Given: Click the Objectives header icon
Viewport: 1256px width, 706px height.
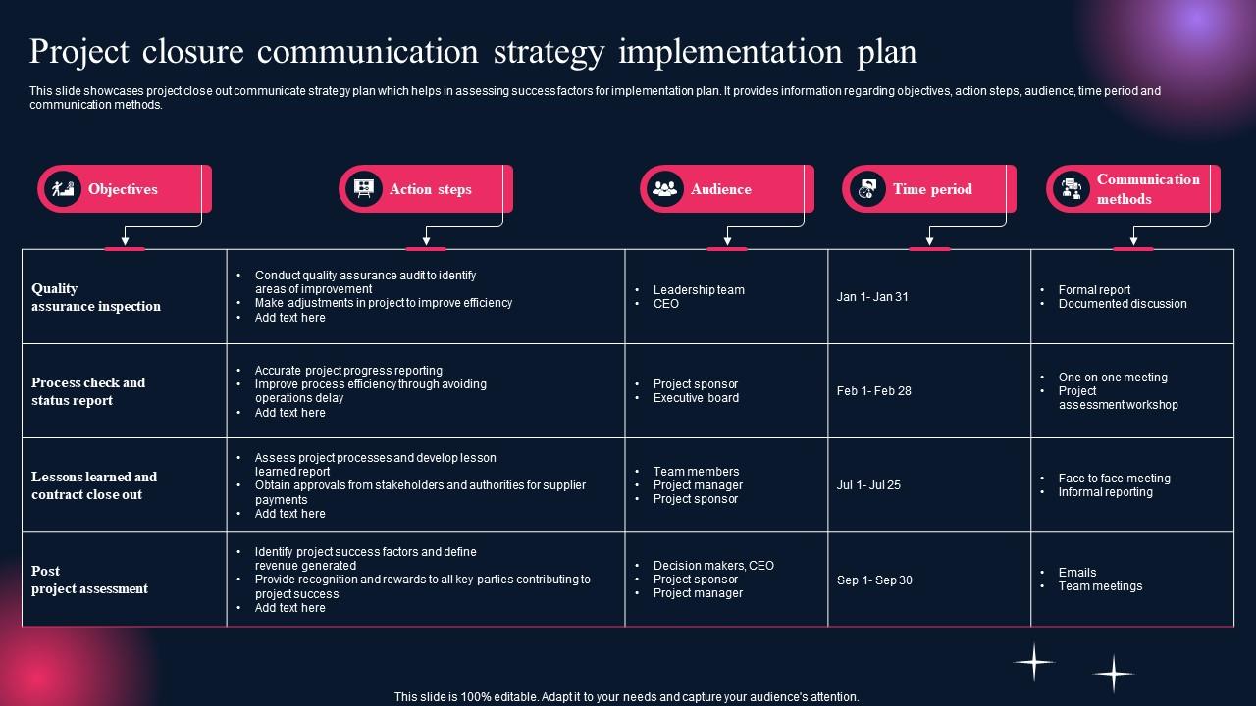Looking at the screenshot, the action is tap(63, 189).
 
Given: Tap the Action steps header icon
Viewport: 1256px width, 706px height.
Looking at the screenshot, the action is tap(364, 189).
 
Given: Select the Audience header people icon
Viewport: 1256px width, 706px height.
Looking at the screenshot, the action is tap(665, 189).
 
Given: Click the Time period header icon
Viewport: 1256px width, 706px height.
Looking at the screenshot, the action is tap(867, 189).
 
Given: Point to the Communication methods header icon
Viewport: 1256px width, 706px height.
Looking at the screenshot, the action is tap(1072, 189).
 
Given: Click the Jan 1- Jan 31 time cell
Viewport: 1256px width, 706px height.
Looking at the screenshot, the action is tap(872, 297).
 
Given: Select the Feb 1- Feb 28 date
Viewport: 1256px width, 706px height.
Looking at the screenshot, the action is tap(874, 391).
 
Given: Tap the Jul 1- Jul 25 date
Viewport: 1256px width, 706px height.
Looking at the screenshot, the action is tap(868, 485).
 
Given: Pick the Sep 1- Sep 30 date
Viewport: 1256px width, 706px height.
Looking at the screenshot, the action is tap(874, 580).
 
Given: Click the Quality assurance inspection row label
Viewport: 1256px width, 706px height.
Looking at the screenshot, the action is tap(96, 297).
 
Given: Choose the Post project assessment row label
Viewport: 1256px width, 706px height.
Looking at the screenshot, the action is tap(89, 580).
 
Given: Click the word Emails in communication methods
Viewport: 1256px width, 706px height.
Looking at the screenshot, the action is tap(1077, 572).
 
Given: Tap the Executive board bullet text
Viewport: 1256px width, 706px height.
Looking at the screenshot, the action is tap(696, 398).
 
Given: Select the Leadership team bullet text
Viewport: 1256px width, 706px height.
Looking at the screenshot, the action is tap(699, 289).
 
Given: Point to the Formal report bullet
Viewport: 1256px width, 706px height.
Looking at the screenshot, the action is tap(1094, 289).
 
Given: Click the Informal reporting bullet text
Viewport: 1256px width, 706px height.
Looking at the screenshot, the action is tap(1106, 492).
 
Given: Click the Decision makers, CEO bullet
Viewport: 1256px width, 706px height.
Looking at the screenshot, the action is tap(713, 566).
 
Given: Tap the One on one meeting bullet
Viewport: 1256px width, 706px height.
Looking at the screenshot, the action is tap(1113, 378).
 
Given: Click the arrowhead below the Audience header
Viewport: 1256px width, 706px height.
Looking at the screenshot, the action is tap(727, 240).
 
